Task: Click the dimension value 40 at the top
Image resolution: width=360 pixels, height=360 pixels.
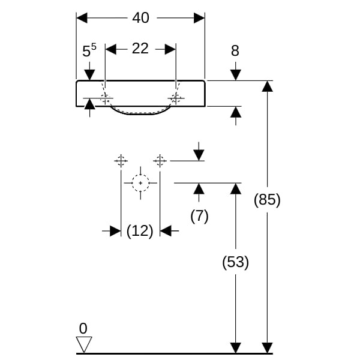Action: coord(140,18)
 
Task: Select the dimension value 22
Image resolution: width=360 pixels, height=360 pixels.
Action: coord(140,49)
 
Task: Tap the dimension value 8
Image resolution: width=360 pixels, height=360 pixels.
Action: coord(235,51)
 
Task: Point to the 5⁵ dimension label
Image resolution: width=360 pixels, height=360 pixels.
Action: coord(89,52)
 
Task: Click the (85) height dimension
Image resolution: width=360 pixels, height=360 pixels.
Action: coord(266,200)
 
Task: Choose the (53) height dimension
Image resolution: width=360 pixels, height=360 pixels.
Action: coord(235,262)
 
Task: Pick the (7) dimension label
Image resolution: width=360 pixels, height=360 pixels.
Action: coord(199,216)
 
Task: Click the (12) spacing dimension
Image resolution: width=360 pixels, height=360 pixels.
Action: coord(140,230)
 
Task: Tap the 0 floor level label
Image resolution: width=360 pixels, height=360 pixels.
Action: coord(83,328)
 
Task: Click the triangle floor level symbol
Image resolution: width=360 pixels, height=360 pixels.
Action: coord(84,344)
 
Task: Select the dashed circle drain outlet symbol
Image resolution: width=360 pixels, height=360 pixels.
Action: coord(140,182)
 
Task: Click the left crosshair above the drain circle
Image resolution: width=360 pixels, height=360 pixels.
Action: coord(121,160)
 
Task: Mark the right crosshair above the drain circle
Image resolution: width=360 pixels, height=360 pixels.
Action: coord(160,160)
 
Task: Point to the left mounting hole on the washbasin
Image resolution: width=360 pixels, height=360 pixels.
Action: coord(106,98)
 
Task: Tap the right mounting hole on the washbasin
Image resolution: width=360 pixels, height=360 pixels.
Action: coord(176,98)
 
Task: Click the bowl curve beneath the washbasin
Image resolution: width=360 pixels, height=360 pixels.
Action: coord(140,113)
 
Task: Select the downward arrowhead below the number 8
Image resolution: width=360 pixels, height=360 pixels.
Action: coord(235,74)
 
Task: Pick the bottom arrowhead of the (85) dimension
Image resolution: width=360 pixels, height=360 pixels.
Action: coord(266,347)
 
